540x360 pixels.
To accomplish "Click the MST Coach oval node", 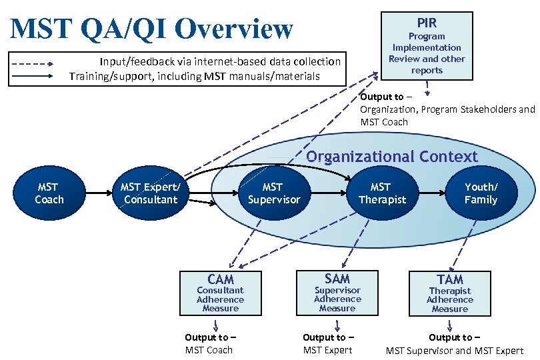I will (x=49, y=193).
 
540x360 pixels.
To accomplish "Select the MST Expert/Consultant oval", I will (x=151, y=193).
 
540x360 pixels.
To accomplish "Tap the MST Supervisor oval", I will (x=273, y=193).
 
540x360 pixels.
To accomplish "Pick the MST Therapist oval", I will (x=381, y=193).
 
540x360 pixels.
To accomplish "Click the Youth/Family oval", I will (x=481, y=193).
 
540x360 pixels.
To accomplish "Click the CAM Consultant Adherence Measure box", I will (x=220, y=293).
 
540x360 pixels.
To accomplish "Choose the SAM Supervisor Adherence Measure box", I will (x=337, y=292).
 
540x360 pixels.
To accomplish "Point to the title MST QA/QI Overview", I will (x=152, y=29).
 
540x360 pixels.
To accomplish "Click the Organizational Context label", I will (x=392, y=157).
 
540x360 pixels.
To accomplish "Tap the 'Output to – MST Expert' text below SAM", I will (x=328, y=343).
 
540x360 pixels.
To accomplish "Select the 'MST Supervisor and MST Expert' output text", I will (x=455, y=351).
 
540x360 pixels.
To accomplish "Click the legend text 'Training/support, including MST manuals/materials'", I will (x=195, y=76).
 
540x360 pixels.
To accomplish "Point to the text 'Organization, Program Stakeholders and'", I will (x=447, y=109).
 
